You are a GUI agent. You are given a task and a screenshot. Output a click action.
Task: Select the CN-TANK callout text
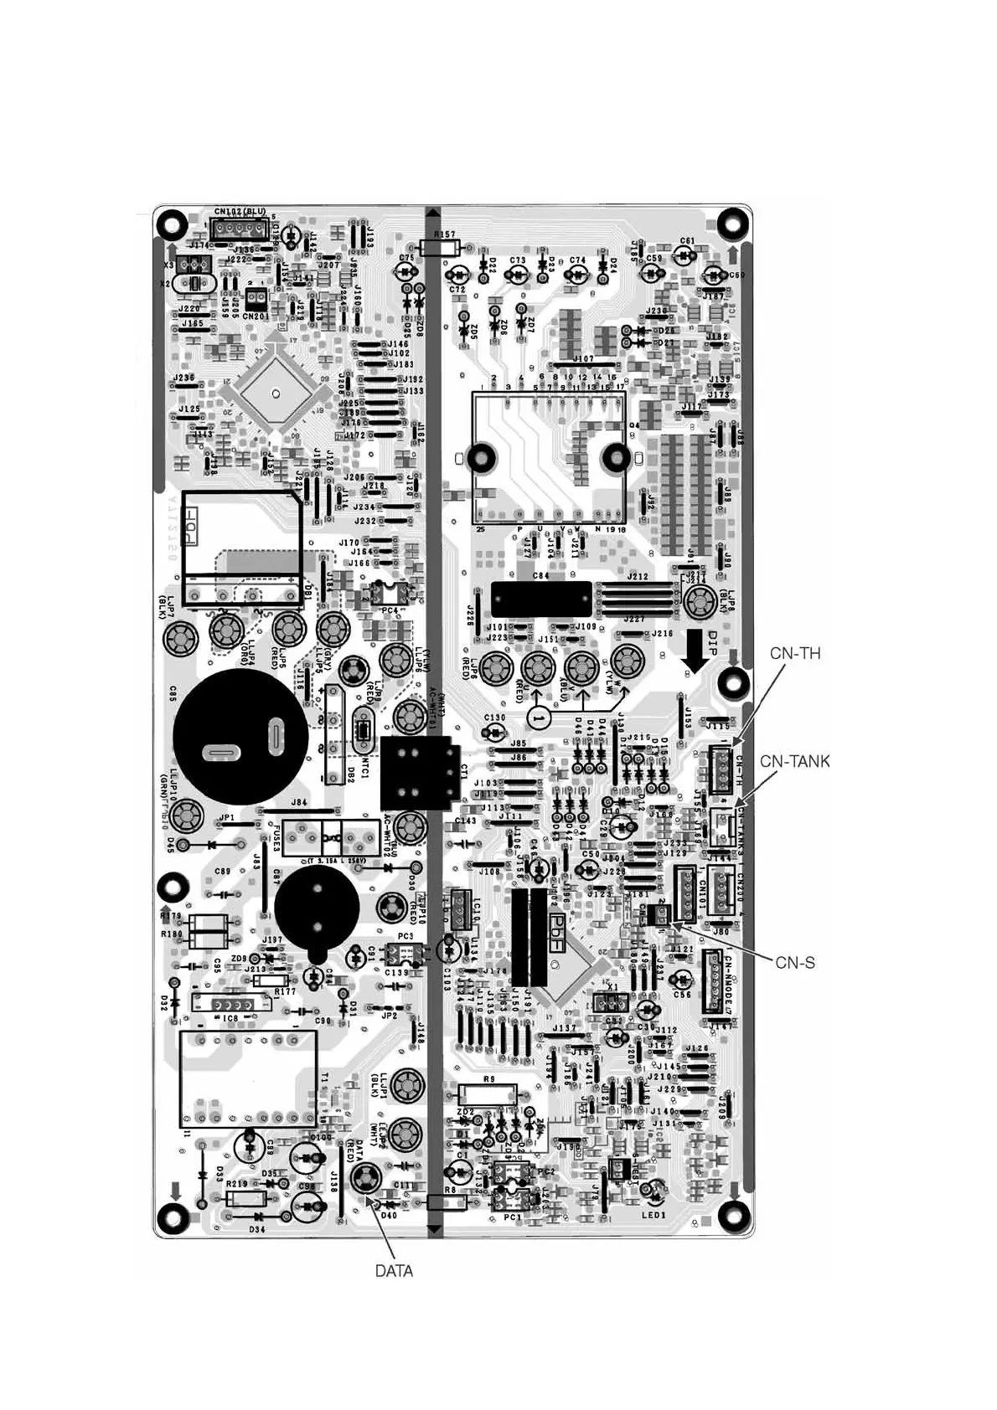794,762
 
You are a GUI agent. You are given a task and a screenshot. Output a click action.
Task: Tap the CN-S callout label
794,963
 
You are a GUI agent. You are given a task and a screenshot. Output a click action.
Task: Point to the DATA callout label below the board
394,1271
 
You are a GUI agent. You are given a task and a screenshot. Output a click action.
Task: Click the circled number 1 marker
540,718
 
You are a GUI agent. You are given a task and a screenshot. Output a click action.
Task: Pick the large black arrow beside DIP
695,652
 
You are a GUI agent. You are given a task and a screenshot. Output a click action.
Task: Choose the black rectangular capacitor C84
540,599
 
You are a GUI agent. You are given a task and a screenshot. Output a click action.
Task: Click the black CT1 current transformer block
419,772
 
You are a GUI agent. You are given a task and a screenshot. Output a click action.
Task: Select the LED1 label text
653,1215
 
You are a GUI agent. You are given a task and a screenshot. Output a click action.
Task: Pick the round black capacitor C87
317,906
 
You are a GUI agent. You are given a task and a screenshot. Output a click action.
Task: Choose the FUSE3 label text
277,837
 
